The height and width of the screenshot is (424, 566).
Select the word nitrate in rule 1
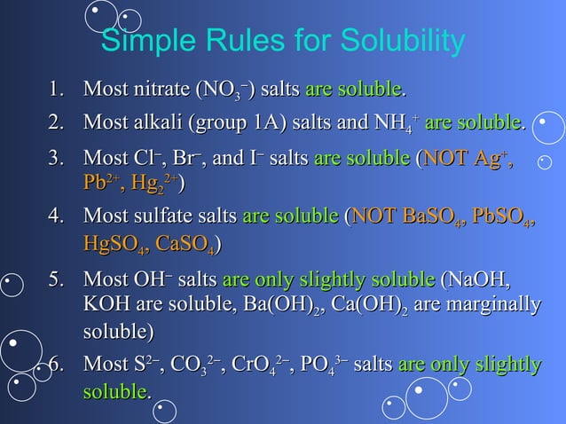(157, 90)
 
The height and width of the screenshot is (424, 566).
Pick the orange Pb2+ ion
(102, 183)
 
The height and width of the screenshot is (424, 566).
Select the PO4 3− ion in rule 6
(320, 365)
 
